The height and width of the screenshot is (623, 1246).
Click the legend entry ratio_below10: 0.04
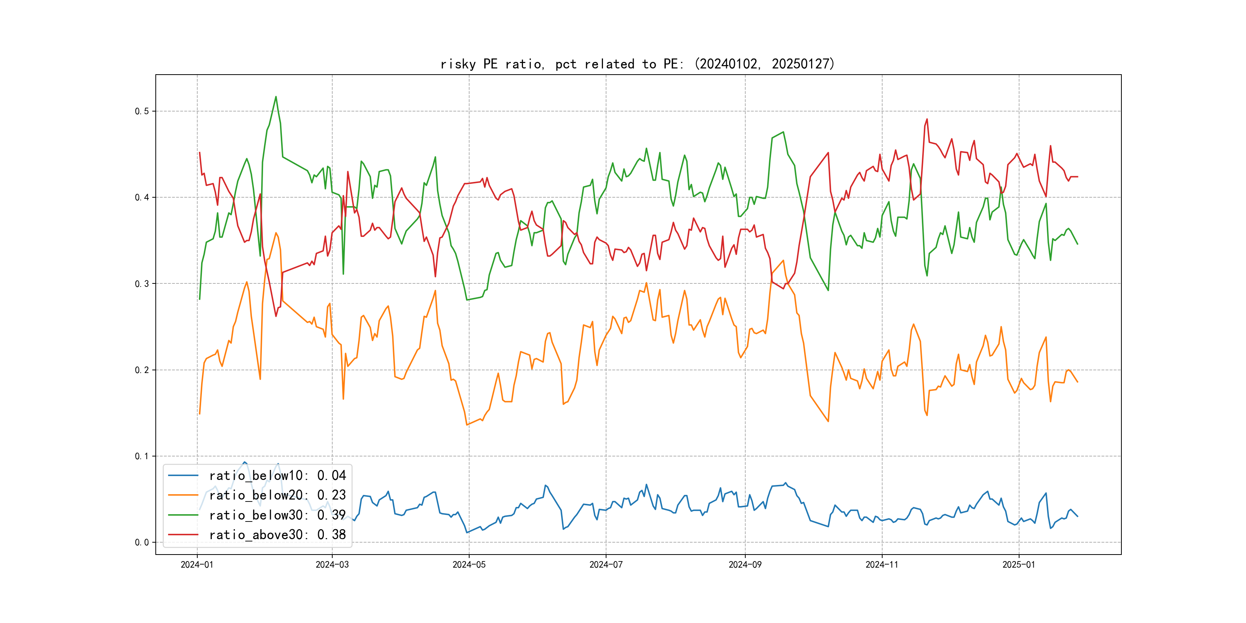tap(277, 475)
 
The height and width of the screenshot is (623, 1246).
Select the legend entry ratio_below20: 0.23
tap(277, 495)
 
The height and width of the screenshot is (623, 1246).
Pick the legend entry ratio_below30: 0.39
tap(277, 515)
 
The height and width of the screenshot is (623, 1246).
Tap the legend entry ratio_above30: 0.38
tap(277, 535)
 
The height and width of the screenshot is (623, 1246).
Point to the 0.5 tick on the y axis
tap(142, 111)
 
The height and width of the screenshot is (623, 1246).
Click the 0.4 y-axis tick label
tap(142, 197)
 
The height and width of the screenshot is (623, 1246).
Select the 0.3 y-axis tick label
tap(142, 284)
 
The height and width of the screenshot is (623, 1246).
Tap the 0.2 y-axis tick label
tap(142, 370)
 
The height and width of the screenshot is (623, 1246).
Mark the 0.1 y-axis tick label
tap(142, 456)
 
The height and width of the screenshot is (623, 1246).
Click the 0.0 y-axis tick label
tap(142, 543)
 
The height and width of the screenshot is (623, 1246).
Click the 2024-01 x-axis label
tap(197, 565)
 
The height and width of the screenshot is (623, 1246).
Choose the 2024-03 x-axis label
tap(332, 565)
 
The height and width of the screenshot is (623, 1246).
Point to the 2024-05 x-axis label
tap(469, 565)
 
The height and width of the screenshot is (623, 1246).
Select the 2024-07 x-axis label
tap(606, 565)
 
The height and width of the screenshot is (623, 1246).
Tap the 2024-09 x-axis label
tap(745, 565)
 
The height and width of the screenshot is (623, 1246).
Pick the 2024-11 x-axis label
tap(882, 565)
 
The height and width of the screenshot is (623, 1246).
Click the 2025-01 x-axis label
tap(1019, 565)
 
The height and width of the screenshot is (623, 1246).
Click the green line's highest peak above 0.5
tap(276, 97)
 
